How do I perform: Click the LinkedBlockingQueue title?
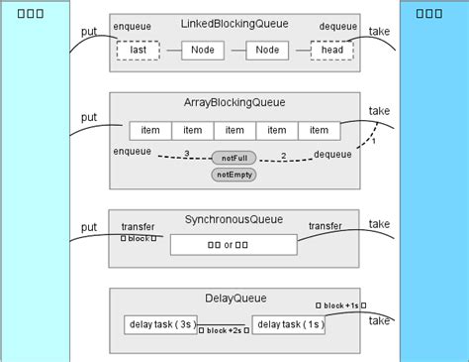[234, 22]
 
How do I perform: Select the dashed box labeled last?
[138, 50]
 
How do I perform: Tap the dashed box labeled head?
[331, 50]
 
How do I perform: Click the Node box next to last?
[201, 50]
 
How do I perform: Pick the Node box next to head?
[267, 50]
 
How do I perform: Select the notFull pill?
[234, 157]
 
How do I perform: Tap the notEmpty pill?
[234, 175]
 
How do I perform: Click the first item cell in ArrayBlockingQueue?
[150, 131]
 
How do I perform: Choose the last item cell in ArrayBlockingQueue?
[319, 131]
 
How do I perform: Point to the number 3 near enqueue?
[186, 153]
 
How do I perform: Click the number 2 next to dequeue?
[283, 156]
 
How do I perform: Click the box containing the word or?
[234, 244]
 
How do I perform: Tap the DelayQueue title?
[234, 298]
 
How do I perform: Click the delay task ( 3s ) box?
[160, 325]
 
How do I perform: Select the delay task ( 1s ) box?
[288, 325]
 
